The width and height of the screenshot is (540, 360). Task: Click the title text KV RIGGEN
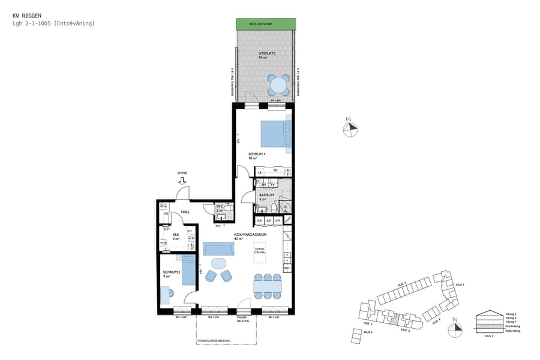25,15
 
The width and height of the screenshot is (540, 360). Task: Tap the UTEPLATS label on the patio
266,54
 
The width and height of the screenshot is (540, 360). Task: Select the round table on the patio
278,85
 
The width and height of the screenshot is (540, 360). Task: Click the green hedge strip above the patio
265,23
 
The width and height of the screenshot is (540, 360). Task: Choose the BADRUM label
267,195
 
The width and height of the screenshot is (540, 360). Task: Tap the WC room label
220,208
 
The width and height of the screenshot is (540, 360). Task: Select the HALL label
178,212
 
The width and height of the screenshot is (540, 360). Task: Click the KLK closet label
176,235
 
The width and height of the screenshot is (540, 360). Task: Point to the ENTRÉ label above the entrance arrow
182,173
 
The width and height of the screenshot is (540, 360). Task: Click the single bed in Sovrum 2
188,269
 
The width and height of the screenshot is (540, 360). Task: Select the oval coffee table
219,263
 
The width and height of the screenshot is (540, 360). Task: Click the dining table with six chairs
268,286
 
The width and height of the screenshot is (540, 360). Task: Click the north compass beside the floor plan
350,127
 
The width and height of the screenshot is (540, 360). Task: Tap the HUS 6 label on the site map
367,332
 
